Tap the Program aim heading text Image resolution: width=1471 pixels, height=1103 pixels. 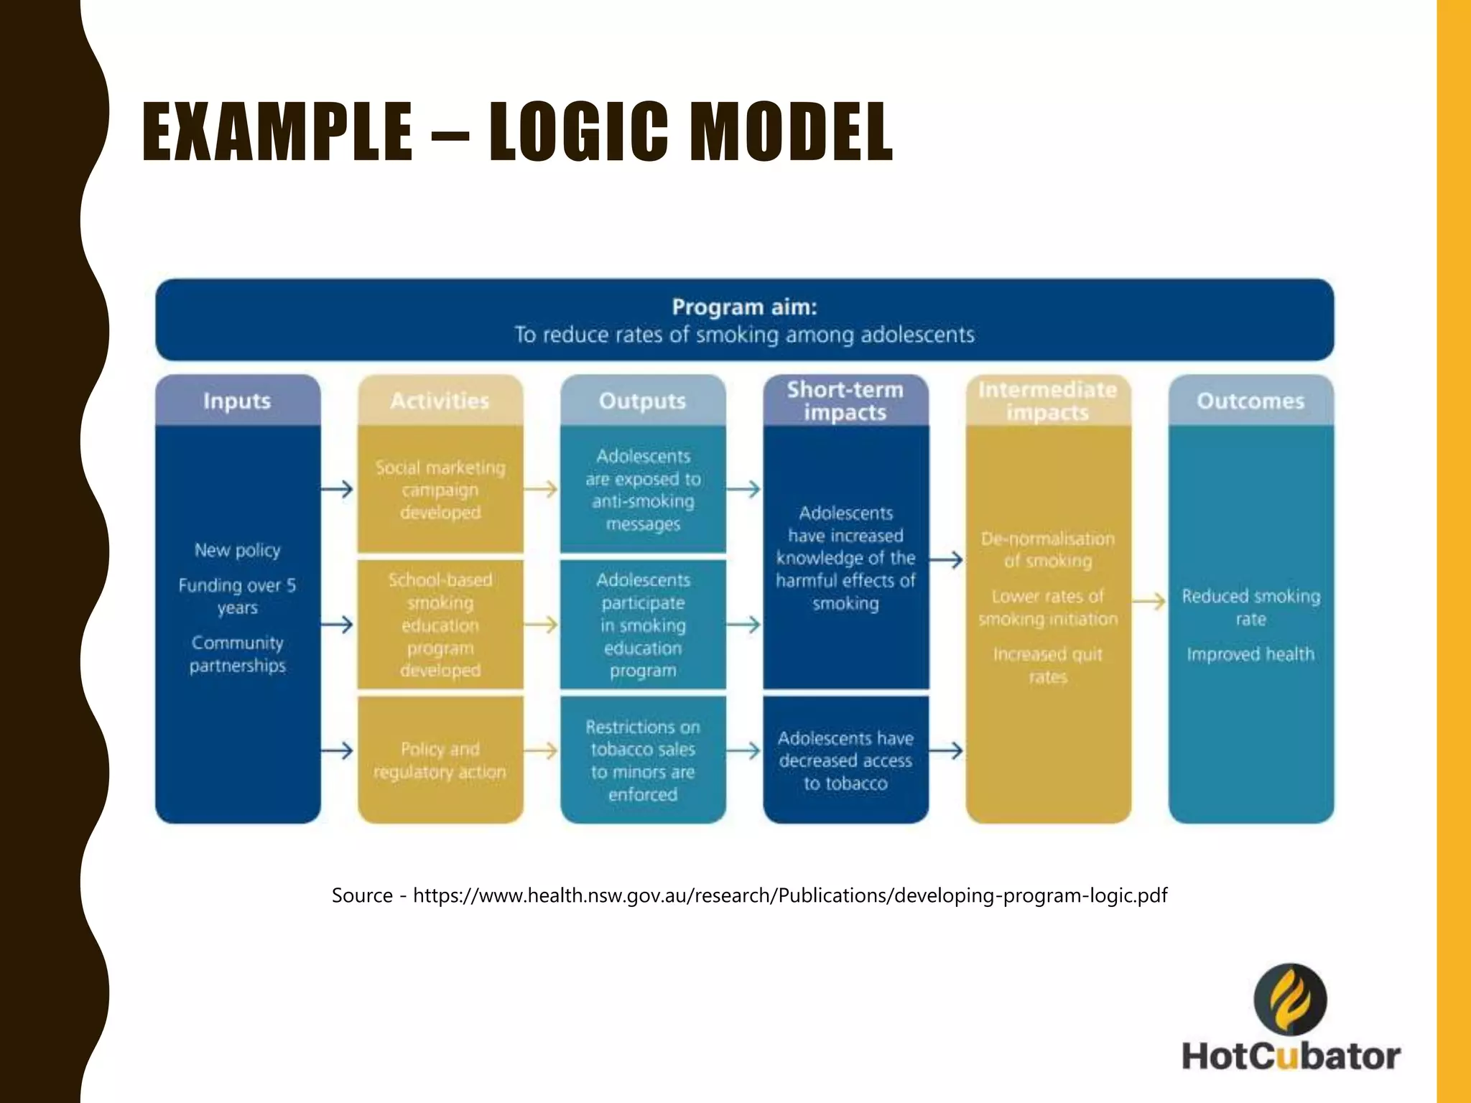(744, 307)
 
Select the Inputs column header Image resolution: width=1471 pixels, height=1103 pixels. (237, 401)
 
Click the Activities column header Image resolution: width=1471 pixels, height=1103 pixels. (440, 401)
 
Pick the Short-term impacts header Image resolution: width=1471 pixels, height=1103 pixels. (845, 401)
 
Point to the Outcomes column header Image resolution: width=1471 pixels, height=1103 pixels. (1250, 401)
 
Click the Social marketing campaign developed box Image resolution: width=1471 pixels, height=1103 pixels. (440, 490)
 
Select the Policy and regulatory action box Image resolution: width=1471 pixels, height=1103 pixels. (440, 760)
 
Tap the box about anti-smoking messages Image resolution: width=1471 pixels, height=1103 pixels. (643, 490)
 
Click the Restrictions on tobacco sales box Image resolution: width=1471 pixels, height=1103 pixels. (643, 760)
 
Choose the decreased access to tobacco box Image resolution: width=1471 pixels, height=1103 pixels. (845, 760)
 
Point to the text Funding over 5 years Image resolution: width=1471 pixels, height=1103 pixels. (237, 596)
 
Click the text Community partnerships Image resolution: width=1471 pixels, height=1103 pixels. (237, 653)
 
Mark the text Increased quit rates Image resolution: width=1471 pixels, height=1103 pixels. (1048, 665)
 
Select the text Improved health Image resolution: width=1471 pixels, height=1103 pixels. (1250, 654)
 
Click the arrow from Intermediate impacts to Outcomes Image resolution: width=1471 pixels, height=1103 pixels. (1149, 601)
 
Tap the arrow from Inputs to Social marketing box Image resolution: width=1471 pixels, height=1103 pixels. (337, 490)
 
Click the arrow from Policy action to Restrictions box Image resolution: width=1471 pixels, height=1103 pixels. (541, 751)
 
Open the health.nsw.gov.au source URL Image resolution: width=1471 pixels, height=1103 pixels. (790, 895)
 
